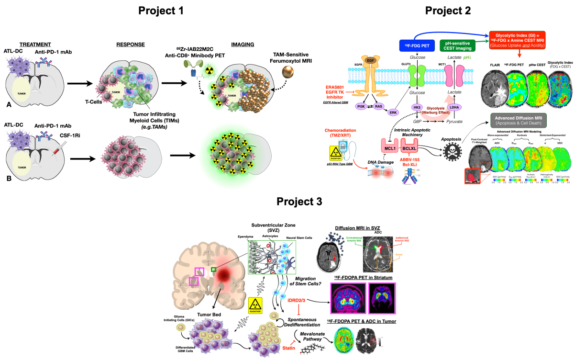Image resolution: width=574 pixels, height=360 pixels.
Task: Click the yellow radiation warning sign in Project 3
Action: [256, 304]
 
